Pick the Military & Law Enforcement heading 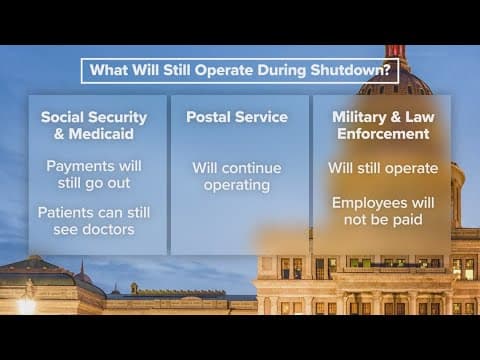381,125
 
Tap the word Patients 67,213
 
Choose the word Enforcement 381,134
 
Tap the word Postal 208,117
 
